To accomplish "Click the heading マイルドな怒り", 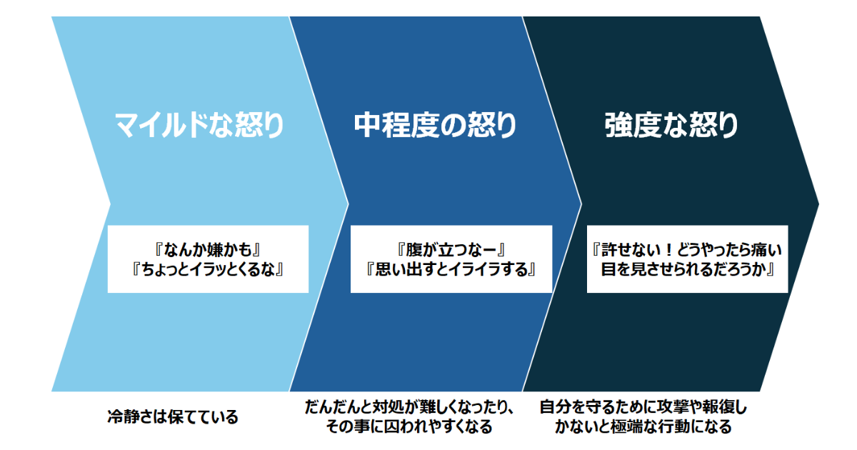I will point(199,126).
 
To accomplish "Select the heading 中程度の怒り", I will point(435,126).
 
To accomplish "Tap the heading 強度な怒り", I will point(671,126).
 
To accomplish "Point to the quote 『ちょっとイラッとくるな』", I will point(208,270).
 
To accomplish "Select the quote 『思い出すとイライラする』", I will point(451,270).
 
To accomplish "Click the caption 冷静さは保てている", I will point(173,417).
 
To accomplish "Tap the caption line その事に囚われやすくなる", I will point(409,427).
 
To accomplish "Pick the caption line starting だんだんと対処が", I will point(409,408).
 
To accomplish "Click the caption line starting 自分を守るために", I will point(643,408).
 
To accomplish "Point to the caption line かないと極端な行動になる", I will point(643,427).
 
